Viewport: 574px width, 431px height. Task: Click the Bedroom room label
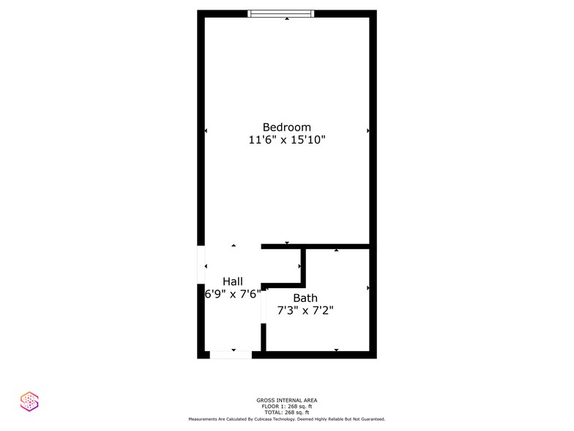[x=286, y=127]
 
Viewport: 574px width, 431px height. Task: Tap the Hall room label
[x=232, y=281]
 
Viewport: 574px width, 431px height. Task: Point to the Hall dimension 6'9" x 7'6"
[x=232, y=295]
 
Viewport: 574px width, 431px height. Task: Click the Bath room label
[x=305, y=298]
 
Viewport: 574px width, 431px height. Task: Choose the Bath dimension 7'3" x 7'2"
[x=305, y=311]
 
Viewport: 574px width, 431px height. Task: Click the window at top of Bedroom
[x=281, y=13]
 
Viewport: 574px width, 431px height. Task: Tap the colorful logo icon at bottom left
[x=29, y=400]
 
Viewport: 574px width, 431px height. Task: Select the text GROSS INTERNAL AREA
[x=286, y=399]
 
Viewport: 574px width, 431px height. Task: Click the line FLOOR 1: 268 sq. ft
[x=286, y=406]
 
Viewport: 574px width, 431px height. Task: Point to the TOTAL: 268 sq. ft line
[x=286, y=413]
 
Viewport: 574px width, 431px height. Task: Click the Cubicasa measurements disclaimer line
[x=286, y=419]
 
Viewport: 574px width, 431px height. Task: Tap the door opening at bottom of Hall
[x=231, y=355]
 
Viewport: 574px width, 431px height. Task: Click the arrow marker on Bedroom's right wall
[x=368, y=130]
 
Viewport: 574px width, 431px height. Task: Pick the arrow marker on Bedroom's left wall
[x=206, y=130]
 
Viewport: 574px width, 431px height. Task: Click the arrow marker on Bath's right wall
[x=368, y=288]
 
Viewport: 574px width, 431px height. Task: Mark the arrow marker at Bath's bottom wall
[x=336, y=350]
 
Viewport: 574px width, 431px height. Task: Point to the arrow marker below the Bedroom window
[x=287, y=19]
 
